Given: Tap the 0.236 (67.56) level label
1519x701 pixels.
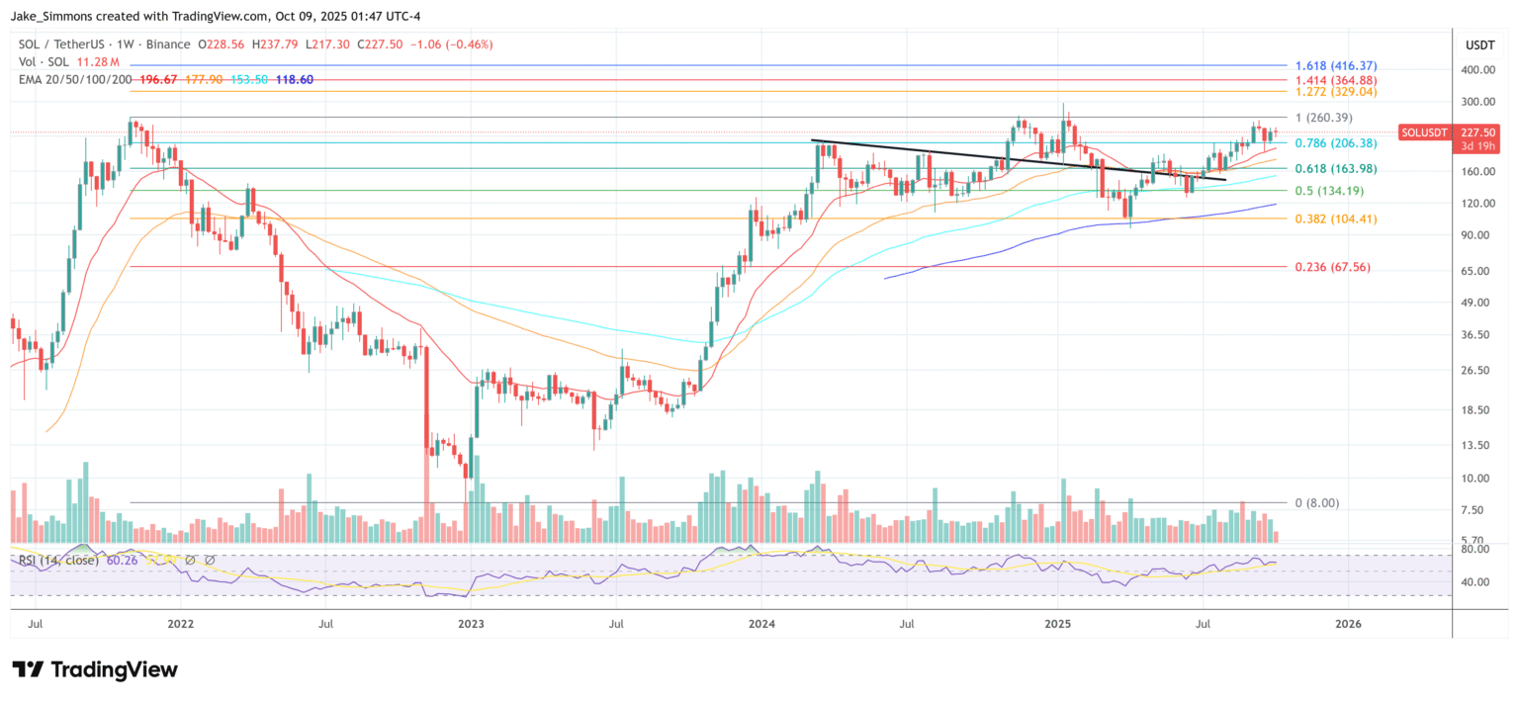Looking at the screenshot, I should coord(1332,267).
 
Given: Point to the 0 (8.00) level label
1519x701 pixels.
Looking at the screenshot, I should coord(1316,502).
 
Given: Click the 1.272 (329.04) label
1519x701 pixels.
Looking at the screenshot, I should coord(1334,92).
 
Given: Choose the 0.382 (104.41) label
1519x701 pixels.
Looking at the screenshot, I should coord(1334,219).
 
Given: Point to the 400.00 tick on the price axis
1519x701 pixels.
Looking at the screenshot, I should coord(1475,70).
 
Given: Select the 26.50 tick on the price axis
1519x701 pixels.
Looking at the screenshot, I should coord(1477,371).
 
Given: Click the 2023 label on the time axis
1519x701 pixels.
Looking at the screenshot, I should coord(471,625).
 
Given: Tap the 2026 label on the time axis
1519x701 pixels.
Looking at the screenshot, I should coord(1347,625).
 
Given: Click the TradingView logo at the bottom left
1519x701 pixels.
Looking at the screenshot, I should coord(95,669).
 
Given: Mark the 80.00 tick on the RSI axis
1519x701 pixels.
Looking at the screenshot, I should coord(1477,549).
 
